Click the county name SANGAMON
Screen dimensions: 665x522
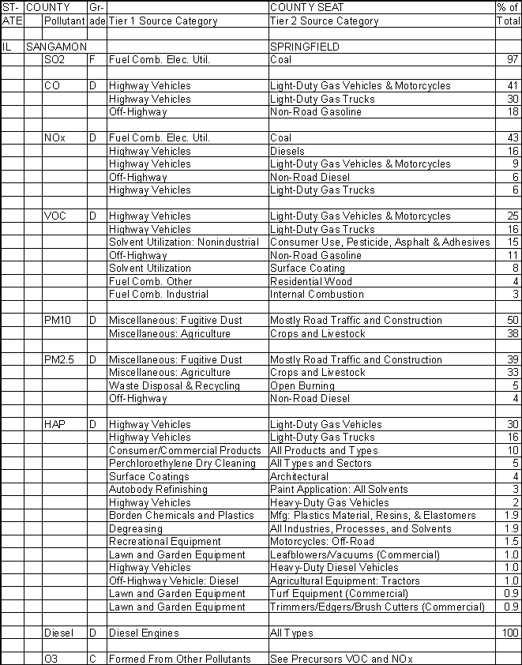(x=54, y=47)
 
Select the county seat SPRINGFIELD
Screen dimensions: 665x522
(x=304, y=47)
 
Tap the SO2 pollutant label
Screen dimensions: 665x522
(x=54, y=60)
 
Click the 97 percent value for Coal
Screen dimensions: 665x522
(x=512, y=60)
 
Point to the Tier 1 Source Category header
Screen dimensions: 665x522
(x=163, y=21)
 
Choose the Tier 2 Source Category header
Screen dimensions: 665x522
(x=324, y=21)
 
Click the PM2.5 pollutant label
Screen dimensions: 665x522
(x=60, y=359)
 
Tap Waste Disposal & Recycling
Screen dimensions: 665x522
(x=174, y=385)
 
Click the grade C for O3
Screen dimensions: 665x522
(x=92, y=659)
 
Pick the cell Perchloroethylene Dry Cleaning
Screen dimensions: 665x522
(x=182, y=464)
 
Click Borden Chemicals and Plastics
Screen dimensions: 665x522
(x=181, y=516)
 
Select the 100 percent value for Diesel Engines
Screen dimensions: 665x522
(x=509, y=633)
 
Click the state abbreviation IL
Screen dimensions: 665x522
(x=7, y=47)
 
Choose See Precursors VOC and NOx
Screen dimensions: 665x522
(x=341, y=659)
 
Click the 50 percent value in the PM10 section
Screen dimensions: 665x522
(x=512, y=321)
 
